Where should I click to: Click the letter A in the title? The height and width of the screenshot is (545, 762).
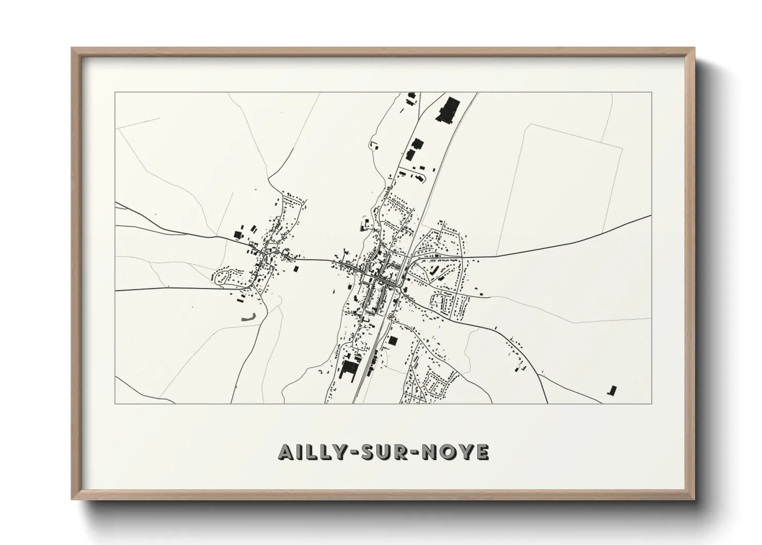286,452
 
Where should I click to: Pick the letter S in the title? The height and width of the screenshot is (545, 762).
365,452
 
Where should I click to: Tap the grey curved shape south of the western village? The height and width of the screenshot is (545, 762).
249,318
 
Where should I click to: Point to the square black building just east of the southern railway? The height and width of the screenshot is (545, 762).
393,340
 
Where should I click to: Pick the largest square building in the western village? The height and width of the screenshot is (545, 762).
237,234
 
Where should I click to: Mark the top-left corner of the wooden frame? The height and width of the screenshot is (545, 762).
73,48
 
